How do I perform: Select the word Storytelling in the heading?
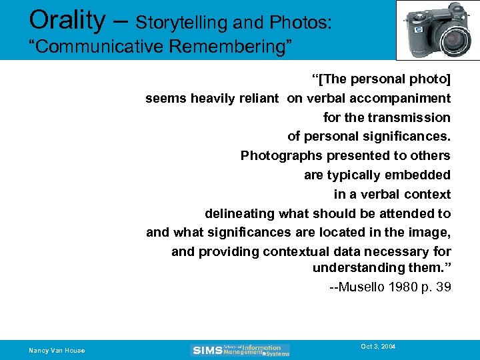click(x=179, y=23)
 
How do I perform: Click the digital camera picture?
click(x=437, y=30)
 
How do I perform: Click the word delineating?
click(x=240, y=214)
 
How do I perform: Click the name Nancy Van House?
click(x=57, y=351)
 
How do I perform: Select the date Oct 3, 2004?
click(x=378, y=347)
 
